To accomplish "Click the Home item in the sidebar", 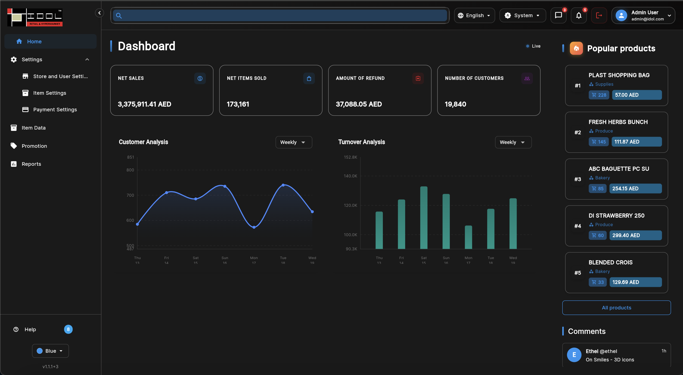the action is pos(51,41).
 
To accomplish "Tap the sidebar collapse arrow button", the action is pos(100,13).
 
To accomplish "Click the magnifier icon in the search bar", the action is pos(119,16).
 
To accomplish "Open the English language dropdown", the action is pos(474,16).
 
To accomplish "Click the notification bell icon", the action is pos(579,16).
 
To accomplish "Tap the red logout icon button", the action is pos(599,16).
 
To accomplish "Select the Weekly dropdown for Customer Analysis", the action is pos(294,142).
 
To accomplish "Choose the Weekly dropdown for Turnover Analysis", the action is pos(513,142).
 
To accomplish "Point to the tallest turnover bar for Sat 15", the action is pos(424,218).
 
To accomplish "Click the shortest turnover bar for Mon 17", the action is pos(468,237).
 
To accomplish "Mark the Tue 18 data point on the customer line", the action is pos(283,185).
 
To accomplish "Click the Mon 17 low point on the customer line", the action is pos(254,227).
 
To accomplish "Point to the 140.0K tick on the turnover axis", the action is pos(350,176).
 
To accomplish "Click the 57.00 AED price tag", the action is pos(637,95).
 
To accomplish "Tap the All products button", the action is pos(616,308).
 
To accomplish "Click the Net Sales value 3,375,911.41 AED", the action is pos(144,104).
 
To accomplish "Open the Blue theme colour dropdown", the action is pos(50,351).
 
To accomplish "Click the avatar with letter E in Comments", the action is pos(574,355).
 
